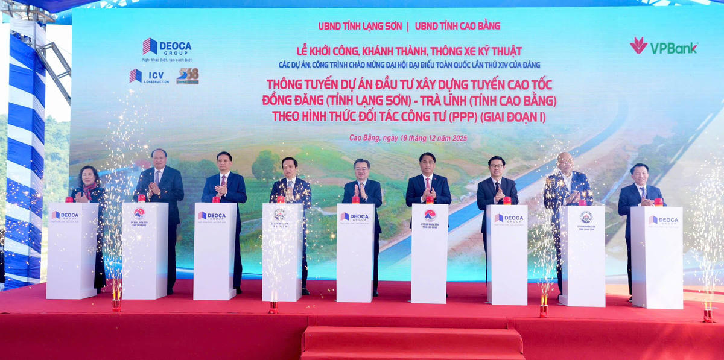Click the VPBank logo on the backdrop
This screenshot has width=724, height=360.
(x=664, y=47)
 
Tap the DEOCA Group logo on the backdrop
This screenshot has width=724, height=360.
(x=167, y=47)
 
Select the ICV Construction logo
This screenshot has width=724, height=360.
(x=148, y=76)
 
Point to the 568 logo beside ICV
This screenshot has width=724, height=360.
(x=187, y=76)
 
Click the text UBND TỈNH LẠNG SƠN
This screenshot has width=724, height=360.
(x=360, y=26)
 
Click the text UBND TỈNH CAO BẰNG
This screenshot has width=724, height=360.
(x=457, y=26)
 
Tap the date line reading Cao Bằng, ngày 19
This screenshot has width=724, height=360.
(x=408, y=138)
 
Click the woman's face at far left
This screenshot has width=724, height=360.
(x=87, y=175)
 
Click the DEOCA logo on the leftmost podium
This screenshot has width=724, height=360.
(x=65, y=215)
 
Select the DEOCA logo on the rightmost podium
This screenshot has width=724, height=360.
(x=663, y=220)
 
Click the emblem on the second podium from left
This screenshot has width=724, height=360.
(x=139, y=213)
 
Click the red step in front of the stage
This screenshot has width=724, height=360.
(x=413, y=341)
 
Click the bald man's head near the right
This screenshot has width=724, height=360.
(x=565, y=161)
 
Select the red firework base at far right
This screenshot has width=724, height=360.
(x=708, y=315)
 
